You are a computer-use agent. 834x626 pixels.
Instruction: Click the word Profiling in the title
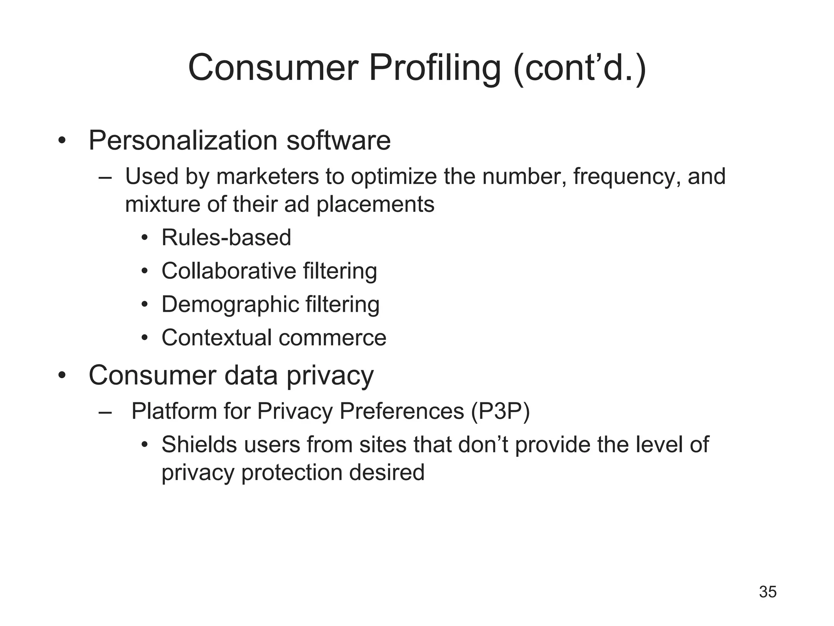(x=435, y=68)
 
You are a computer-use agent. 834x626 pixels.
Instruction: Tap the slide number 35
(x=768, y=592)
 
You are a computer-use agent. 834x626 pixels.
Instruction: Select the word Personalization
(x=183, y=141)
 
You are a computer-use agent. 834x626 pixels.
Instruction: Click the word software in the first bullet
(x=338, y=141)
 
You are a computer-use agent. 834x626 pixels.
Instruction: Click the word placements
(x=375, y=204)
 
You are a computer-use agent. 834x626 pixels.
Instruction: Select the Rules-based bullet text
(x=226, y=238)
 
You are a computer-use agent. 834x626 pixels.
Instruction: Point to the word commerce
(x=332, y=338)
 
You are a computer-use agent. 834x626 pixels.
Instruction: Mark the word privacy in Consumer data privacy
(x=330, y=375)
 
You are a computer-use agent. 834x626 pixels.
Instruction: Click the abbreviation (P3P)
(x=500, y=411)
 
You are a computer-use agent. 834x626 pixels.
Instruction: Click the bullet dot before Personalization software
(x=62, y=141)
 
